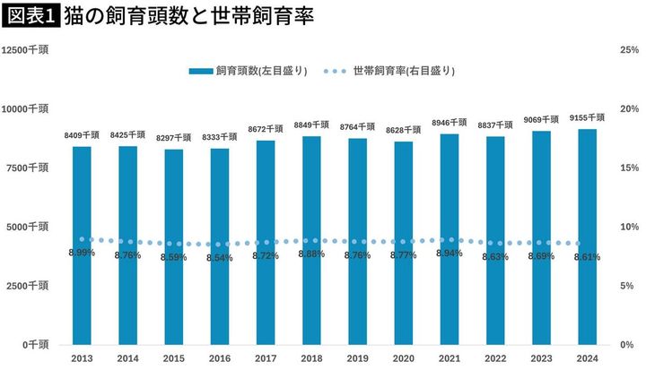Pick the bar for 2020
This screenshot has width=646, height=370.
point(404,243)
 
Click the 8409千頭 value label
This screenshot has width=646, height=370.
point(82,135)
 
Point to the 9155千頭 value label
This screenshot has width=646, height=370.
point(588,117)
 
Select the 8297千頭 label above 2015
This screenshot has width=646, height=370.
point(174,138)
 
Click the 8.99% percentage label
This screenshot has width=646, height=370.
point(82,253)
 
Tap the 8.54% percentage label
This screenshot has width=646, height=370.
point(220,258)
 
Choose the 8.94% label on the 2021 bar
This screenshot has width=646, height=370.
point(450,254)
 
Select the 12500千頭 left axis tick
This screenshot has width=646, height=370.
point(26,50)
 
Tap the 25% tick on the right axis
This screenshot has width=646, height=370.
point(629,50)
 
